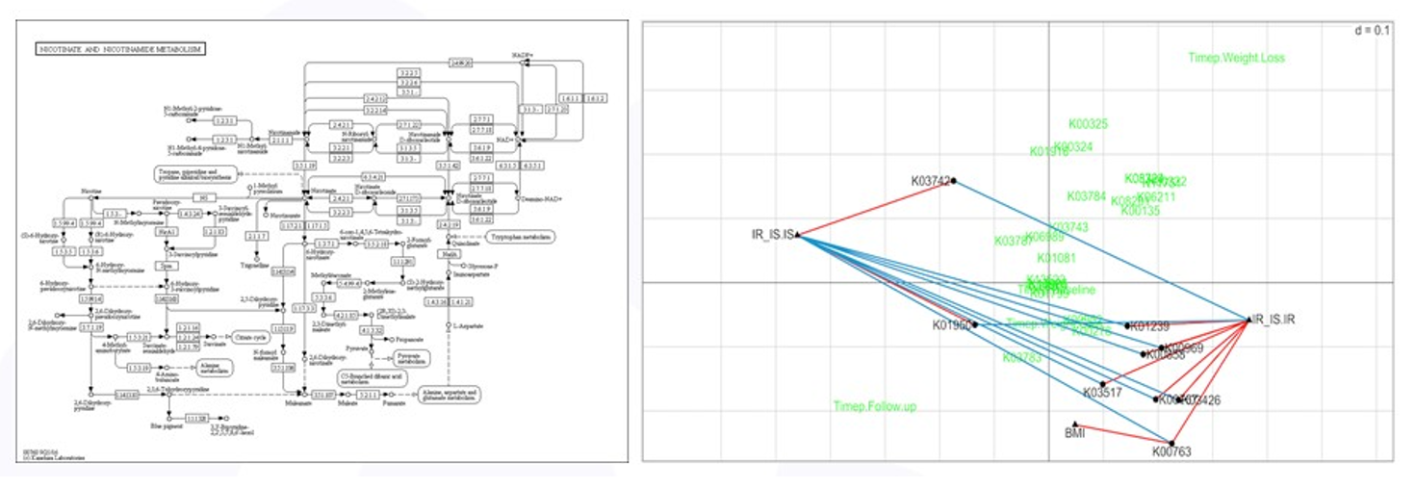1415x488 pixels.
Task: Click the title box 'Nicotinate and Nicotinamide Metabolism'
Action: click(x=120, y=48)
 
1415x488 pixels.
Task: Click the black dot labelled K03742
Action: click(x=953, y=181)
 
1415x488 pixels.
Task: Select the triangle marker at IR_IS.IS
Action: click(x=800, y=235)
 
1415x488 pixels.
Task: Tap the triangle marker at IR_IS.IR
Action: click(x=1248, y=320)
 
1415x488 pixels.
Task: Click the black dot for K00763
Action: click(x=1171, y=443)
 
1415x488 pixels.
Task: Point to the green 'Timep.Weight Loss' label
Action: click(x=1236, y=58)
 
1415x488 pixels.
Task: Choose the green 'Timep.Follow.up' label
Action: click(x=875, y=407)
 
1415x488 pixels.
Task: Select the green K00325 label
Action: click(x=1088, y=124)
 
